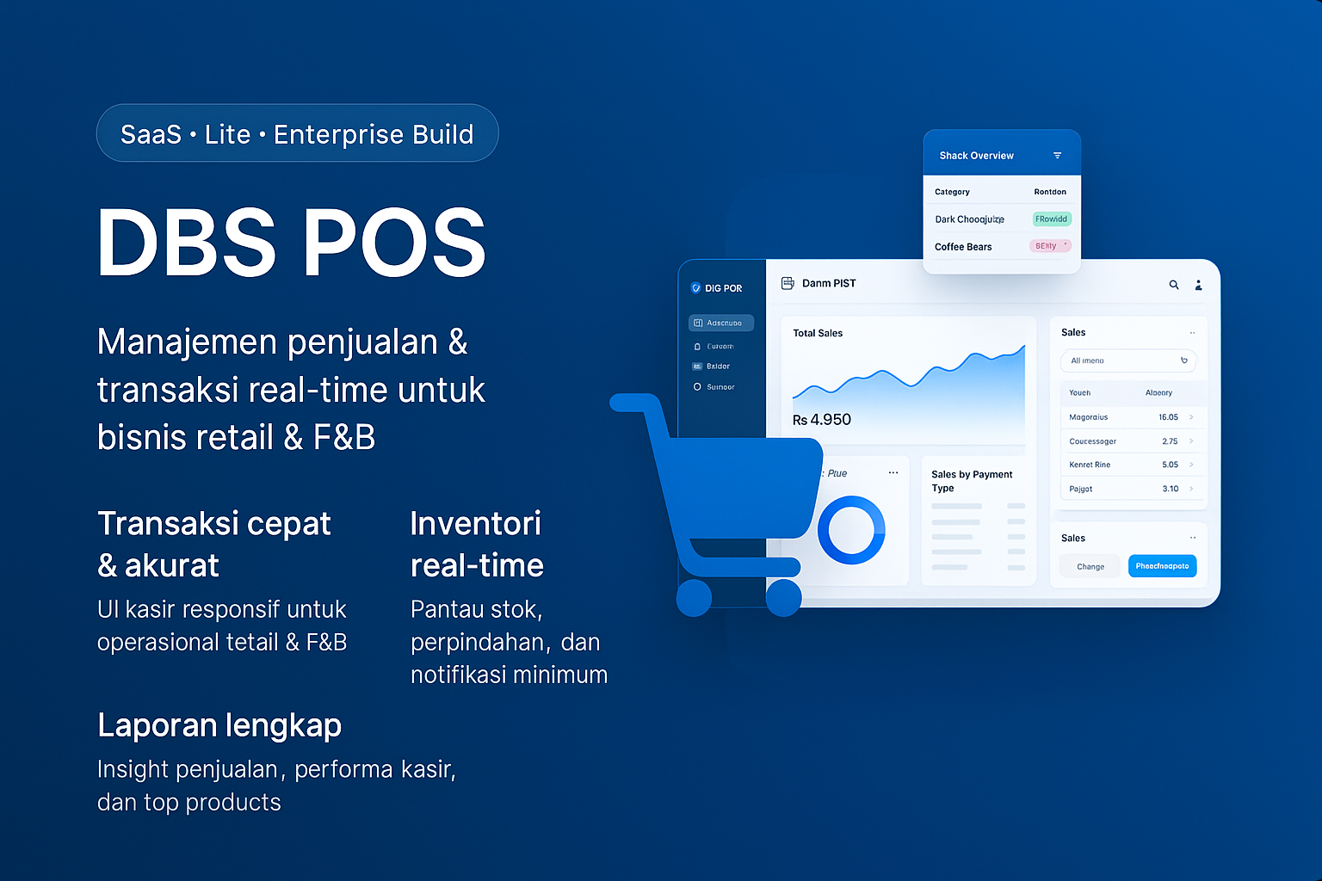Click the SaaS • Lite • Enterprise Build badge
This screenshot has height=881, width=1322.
(x=297, y=133)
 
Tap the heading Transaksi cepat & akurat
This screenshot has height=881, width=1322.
(x=213, y=544)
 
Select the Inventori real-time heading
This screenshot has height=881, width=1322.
(x=477, y=544)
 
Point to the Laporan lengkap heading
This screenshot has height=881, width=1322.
(x=219, y=725)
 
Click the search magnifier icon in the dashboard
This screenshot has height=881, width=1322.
(x=1173, y=285)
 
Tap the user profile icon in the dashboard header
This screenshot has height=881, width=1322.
(x=1198, y=285)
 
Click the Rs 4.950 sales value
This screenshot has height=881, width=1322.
(x=821, y=420)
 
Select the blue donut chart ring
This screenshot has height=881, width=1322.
(x=851, y=530)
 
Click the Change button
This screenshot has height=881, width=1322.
(x=1090, y=566)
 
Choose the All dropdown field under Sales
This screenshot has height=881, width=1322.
(x=1127, y=360)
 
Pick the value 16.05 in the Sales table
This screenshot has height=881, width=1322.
(x=1168, y=417)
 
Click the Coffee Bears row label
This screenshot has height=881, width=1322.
(x=963, y=247)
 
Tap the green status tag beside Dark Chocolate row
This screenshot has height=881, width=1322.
(x=1051, y=219)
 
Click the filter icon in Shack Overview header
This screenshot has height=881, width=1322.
(x=1057, y=156)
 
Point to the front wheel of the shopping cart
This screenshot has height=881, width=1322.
(x=783, y=599)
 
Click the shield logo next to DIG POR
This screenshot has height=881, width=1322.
(x=695, y=288)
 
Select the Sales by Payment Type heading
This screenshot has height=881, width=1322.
(x=972, y=481)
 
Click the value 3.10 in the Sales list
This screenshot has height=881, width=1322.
(x=1170, y=489)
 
